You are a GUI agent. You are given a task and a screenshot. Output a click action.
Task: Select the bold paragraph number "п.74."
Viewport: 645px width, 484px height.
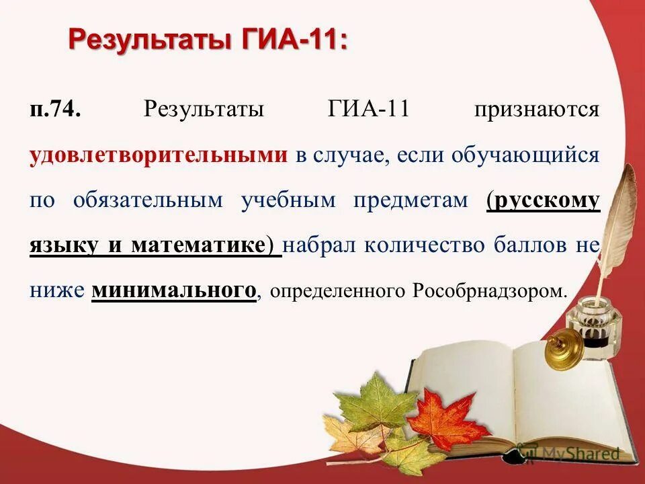[55, 109]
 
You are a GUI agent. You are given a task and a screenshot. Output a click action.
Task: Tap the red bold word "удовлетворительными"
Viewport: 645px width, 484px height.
[158, 155]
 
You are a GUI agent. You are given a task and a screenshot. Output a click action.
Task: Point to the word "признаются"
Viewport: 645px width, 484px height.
[537, 110]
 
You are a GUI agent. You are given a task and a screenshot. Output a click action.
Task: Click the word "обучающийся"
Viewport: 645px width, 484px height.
[524, 155]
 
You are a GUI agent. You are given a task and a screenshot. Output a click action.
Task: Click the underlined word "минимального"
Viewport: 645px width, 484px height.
[174, 290]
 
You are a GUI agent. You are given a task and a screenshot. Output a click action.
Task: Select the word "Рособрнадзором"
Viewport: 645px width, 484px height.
[490, 291]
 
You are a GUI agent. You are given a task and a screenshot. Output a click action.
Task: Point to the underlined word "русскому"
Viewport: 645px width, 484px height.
[545, 200]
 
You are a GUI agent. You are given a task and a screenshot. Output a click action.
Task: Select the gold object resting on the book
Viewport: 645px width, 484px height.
[562, 350]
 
